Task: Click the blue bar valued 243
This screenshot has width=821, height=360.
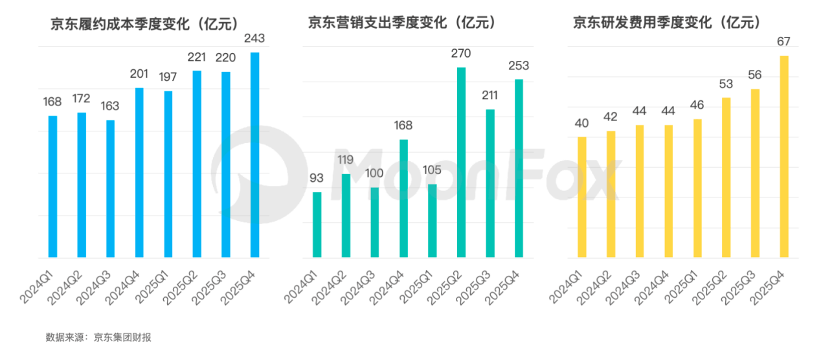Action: click(x=254, y=155)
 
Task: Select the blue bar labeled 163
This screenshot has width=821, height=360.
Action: click(x=110, y=189)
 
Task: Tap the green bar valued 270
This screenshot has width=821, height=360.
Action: click(x=461, y=162)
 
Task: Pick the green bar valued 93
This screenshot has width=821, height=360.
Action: click(x=317, y=224)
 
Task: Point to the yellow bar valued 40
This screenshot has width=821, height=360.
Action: click(x=581, y=197)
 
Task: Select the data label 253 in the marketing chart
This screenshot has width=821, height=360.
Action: click(x=519, y=65)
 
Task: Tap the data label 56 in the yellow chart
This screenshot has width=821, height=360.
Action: click(x=755, y=74)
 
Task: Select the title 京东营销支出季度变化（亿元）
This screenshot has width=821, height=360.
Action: click(x=402, y=23)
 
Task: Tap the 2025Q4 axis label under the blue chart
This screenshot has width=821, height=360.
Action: click(x=245, y=284)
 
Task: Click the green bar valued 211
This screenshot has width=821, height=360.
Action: click(x=490, y=183)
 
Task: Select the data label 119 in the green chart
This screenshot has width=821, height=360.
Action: click(x=346, y=160)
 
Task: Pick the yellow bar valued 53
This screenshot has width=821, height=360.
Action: click(x=726, y=177)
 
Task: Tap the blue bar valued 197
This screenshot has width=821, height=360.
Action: click(x=168, y=174)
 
